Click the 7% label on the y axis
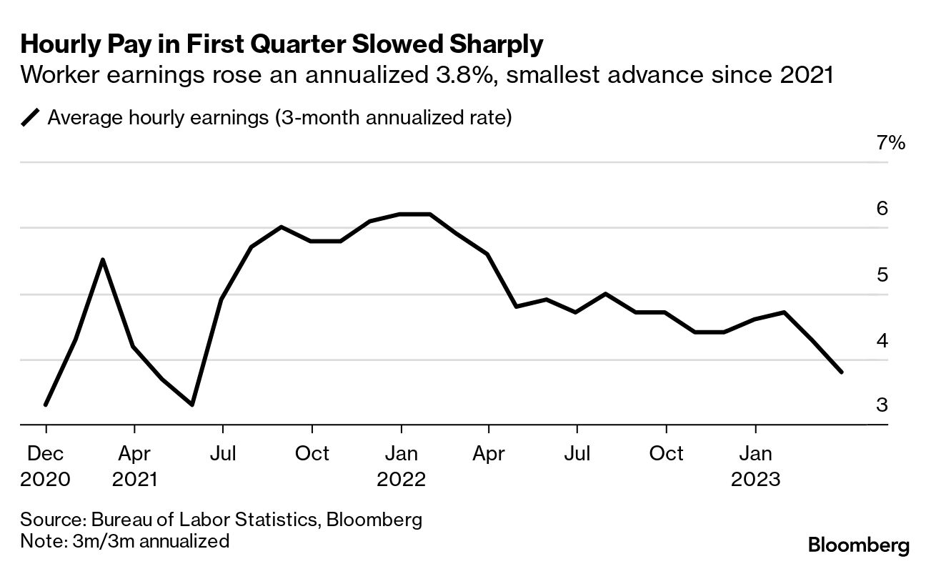890,143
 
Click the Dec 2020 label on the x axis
46,465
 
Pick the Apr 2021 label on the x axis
134,465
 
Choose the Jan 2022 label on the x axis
401,465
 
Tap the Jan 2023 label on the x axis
755,465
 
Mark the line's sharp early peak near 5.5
103,259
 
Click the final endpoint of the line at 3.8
842,372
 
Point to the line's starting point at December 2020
46,405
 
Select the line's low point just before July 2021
192,405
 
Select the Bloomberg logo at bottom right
859,546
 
